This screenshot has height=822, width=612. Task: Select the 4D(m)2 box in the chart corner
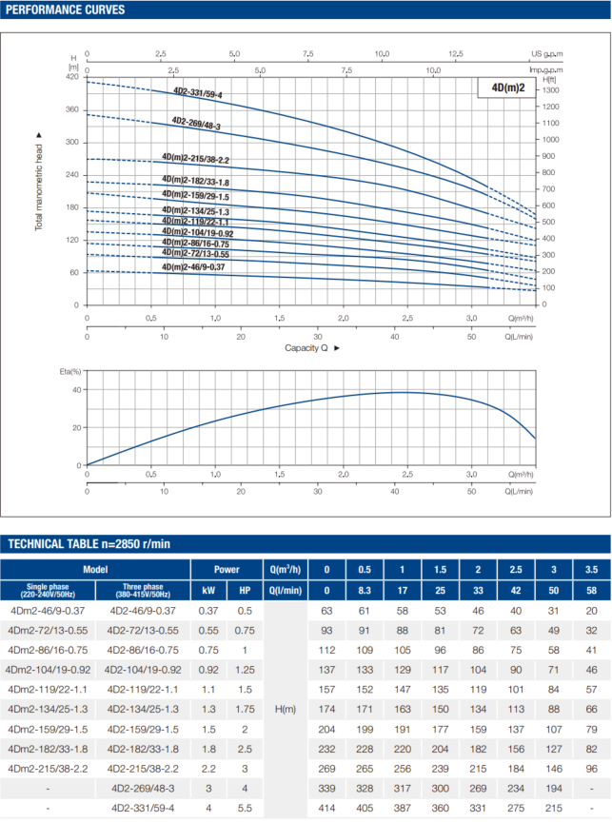[x=507, y=88]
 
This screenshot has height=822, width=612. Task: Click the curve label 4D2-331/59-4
[x=197, y=93]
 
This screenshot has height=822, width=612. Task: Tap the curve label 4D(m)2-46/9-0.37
[x=193, y=267]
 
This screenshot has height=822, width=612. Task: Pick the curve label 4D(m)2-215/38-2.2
[x=195, y=160]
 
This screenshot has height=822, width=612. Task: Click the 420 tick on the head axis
[x=72, y=76]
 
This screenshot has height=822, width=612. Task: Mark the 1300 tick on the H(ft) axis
[x=551, y=89]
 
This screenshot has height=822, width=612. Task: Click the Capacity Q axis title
[x=306, y=348]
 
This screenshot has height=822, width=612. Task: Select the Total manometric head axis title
[x=39, y=181]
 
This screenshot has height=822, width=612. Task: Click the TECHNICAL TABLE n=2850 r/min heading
[x=89, y=543]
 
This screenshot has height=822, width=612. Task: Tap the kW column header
[x=208, y=590]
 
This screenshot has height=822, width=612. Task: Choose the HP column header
[x=245, y=590]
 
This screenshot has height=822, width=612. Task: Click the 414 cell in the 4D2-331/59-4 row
[x=326, y=808]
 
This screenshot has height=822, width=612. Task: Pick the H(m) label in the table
[x=286, y=709]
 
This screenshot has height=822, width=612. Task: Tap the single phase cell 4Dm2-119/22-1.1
[x=48, y=689]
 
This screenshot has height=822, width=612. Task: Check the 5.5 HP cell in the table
[x=245, y=808]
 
